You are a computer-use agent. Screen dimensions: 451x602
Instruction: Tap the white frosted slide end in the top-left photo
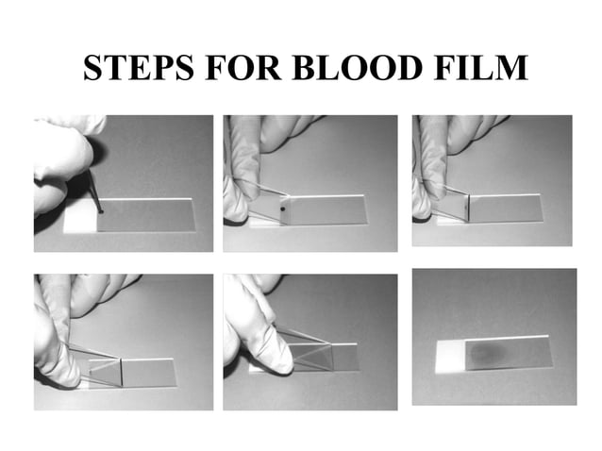pos(79,219)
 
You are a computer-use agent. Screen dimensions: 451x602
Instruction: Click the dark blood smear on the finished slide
pos(489,353)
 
